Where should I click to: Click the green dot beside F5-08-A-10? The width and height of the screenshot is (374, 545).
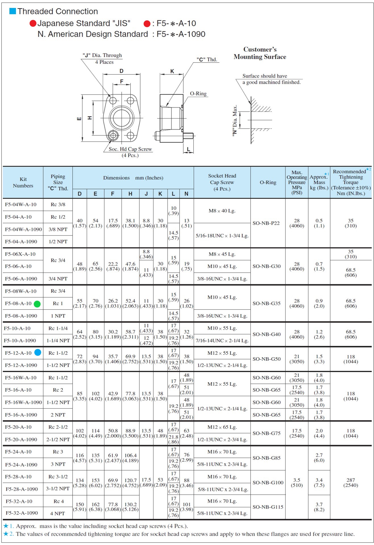(x=37, y=304)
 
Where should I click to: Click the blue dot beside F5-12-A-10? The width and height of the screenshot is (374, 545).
(x=38, y=352)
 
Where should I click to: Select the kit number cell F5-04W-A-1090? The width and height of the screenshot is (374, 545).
(x=23, y=229)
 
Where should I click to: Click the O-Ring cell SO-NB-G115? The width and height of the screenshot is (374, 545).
(x=268, y=507)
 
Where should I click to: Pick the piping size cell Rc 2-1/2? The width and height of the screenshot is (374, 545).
(x=58, y=427)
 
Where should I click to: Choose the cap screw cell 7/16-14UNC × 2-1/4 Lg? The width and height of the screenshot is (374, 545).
(x=222, y=341)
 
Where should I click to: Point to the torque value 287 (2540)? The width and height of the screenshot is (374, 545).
(x=350, y=483)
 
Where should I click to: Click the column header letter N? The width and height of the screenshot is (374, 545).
(x=186, y=194)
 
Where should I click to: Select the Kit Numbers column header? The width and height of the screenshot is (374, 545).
(x=23, y=182)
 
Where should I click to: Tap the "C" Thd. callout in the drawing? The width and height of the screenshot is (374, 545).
(x=207, y=59)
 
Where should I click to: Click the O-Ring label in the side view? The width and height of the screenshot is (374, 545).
(x=198, y=94)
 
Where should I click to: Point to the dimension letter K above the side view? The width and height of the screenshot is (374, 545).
(x=172, y=71)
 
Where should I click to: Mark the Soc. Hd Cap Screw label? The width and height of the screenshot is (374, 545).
(x=130, y=149)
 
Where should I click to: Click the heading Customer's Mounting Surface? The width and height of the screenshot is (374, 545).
(x=260, y=53)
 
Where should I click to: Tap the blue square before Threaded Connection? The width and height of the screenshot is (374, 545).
(x=12, y=11)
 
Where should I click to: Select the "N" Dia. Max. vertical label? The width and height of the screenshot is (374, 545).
(x=235, y=120)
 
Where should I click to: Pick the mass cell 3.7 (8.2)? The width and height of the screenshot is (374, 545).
(x=319, y=507)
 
